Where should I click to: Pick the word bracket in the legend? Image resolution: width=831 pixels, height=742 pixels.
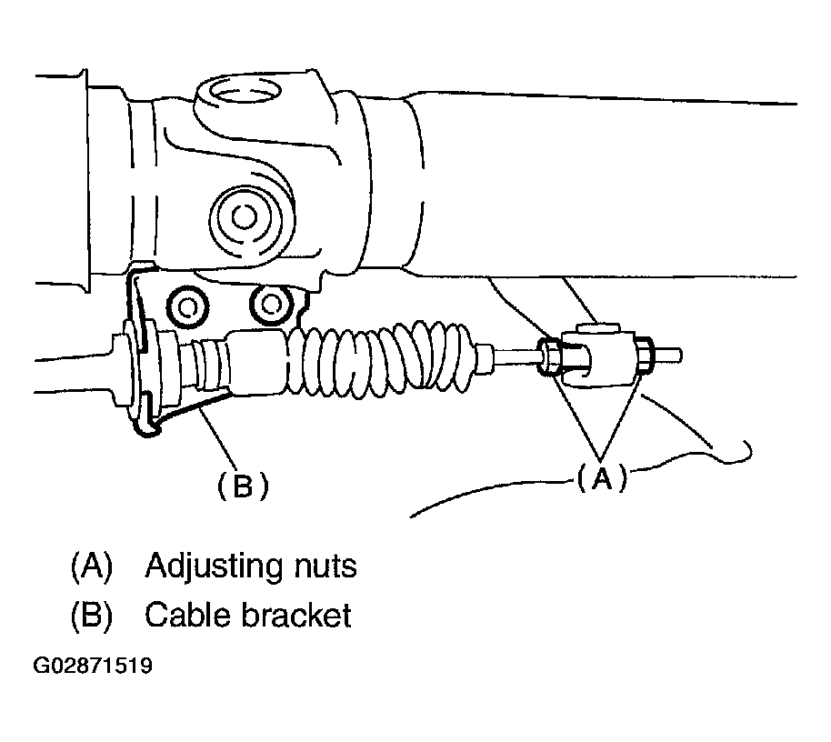[297, 616]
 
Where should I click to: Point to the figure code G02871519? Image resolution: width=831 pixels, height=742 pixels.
[93, 667]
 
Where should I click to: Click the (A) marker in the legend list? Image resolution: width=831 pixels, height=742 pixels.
[91, 567]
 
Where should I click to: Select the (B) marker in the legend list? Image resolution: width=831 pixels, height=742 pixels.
[91, 616]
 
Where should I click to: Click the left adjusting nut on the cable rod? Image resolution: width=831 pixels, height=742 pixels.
[551, 356]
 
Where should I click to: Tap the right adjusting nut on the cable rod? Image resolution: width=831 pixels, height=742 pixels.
[643, 356]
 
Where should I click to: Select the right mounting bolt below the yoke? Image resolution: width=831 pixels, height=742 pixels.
[270, 305]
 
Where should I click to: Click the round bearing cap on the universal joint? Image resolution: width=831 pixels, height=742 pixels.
[242, 216]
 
